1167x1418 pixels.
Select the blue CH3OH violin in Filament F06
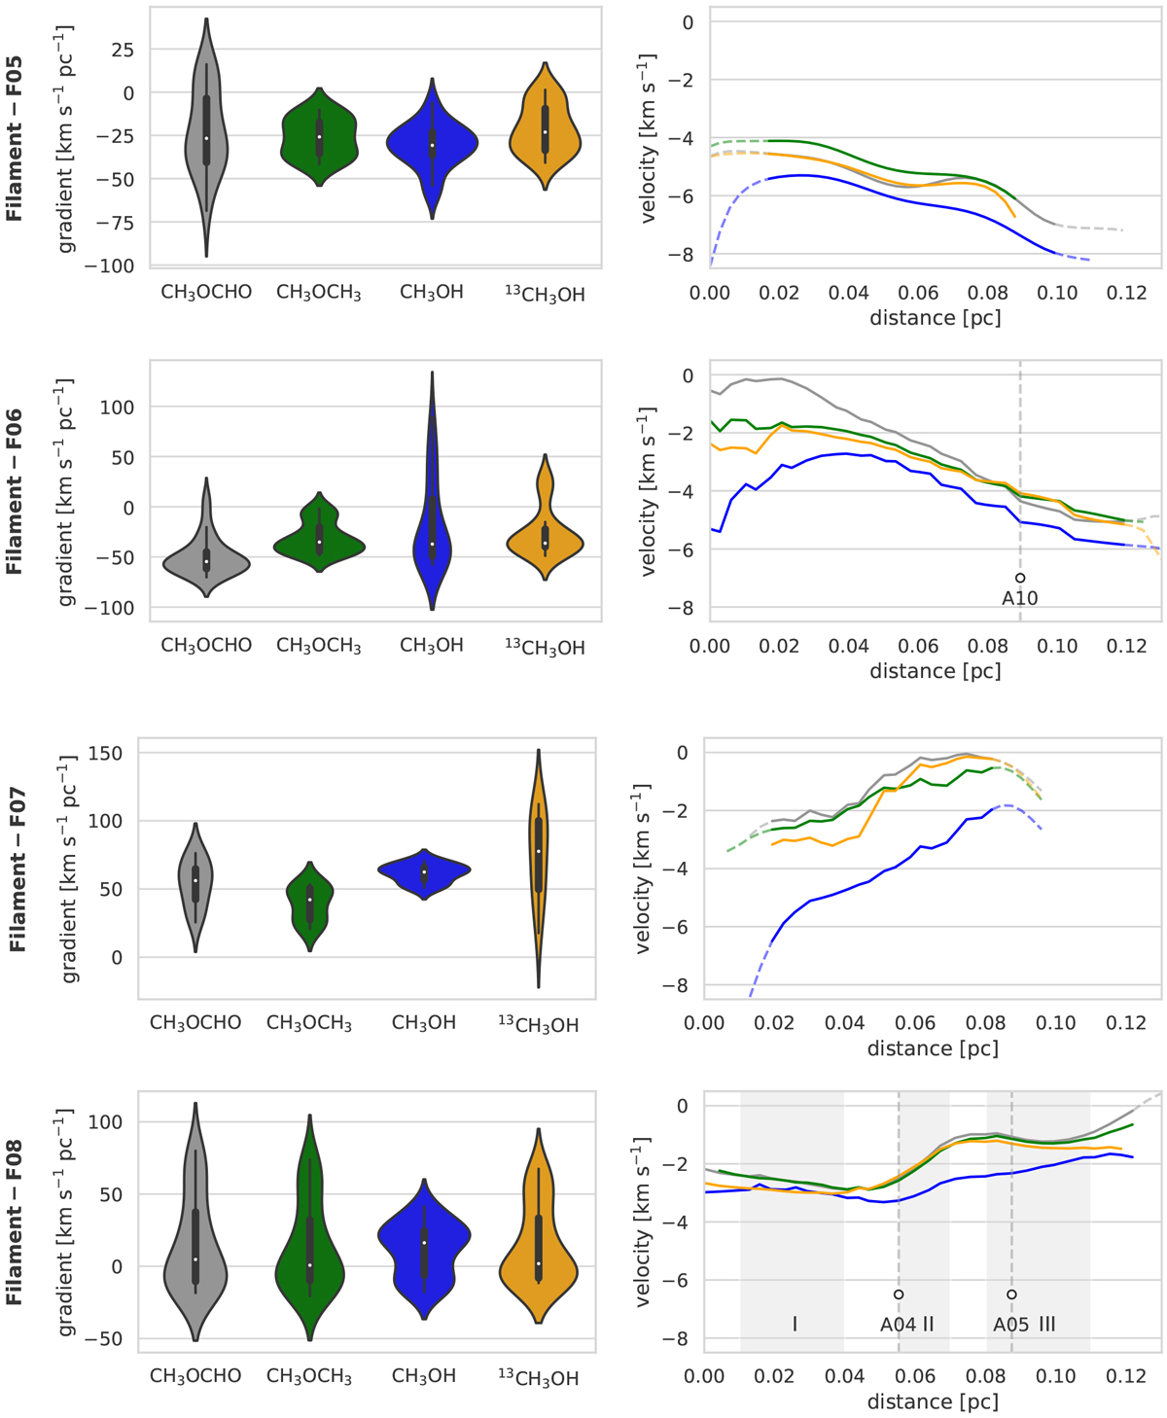click(x=432, y=545)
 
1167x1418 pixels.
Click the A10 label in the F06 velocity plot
click(x=1020, y=599)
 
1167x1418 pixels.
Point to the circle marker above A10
click(x=1020, y=578)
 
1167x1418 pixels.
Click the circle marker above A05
click(x=1012, y=1294)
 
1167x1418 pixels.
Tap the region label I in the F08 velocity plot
click(x=795, y=1324)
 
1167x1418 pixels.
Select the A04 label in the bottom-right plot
click(x=897, y=1324)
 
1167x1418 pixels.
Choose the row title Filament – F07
click(x=16, y=870)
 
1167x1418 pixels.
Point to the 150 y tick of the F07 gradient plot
click(x=104, y=754)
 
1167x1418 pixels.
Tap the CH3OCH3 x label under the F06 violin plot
click(x=318, y=646)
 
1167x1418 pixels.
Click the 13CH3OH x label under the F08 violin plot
click(x=538, y=1377)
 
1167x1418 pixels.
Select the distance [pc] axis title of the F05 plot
click(x=935, y=318)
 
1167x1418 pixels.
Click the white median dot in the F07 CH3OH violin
click(x=424, y=872)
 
